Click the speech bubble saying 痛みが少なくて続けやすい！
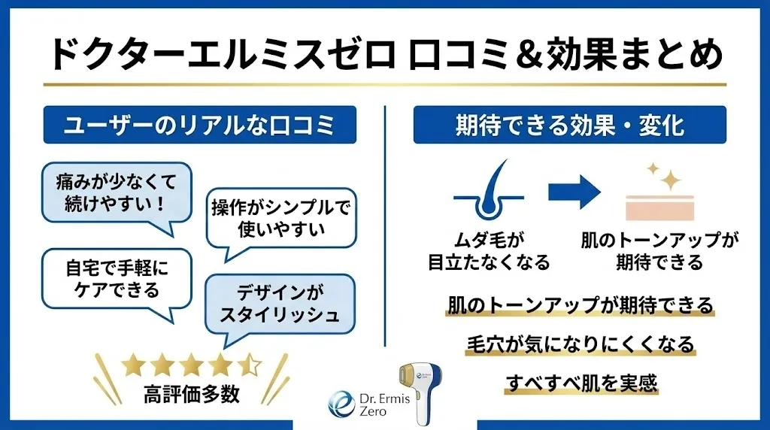(x=117, y=192)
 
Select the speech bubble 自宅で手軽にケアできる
(x=117, y=279)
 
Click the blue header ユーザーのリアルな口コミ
(x=199, y=125)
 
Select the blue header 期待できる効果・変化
(x=569, y=125)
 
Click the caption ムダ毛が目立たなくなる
(x=489, y=251)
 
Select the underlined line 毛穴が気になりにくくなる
(x=578, y=344)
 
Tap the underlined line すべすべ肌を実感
(x=578, y=383)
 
